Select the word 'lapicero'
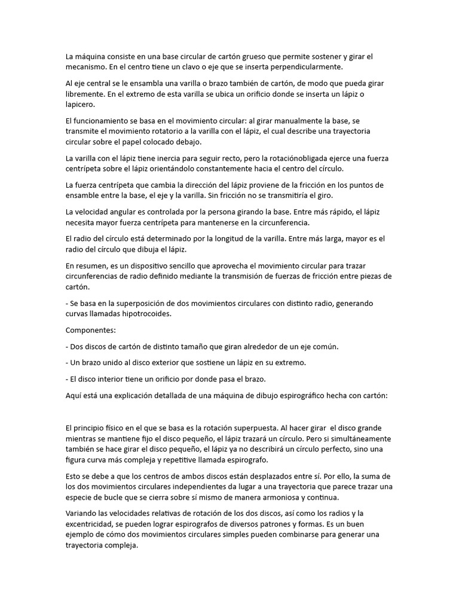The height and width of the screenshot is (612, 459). [81, 104]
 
